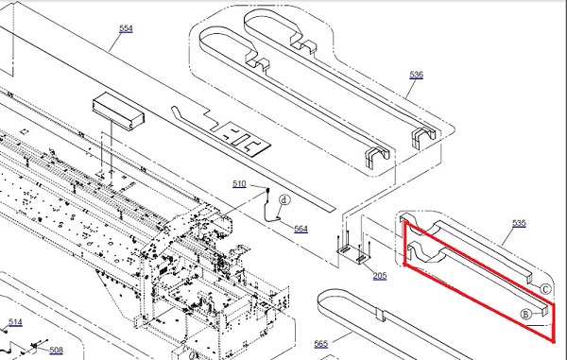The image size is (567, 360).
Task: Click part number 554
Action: click(x=126, y=28)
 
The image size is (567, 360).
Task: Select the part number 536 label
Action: click(x=416, y=75)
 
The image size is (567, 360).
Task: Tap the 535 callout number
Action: click(x=519, y=223)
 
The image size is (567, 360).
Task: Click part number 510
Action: click(x=239, y=184)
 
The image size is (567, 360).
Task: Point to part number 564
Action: click(x=301, y=229)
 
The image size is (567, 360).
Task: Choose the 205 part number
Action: click(x=380, y=276)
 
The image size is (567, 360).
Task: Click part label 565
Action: click(x=321, y=344)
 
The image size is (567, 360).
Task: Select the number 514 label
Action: click(x=15, y=322)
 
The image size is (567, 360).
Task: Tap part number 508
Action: click(x=56, y=350)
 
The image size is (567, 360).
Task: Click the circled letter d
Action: click(x=285, y=200)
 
